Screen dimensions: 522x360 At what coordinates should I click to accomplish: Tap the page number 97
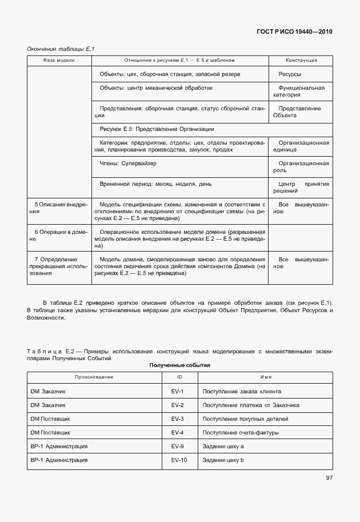click(328, 478)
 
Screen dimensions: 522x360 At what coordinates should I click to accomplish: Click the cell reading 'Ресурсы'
click(290, 74)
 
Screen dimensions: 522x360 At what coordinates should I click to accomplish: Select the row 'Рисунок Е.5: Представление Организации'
click(157, 129)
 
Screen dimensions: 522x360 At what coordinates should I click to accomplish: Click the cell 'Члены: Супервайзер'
click(128, 164)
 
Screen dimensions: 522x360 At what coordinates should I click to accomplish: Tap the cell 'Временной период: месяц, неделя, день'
click(156, 185)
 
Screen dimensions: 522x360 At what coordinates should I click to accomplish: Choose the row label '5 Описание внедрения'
click(59, 208)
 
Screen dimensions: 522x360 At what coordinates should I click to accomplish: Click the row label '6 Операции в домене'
click(59, 236)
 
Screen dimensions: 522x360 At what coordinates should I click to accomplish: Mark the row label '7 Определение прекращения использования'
click(59, 266)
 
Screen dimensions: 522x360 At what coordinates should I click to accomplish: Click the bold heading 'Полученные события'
click(180, 365)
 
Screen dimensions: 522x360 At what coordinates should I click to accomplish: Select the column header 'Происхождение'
click(94, 377)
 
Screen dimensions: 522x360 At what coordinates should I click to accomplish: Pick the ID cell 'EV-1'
click(177, 392)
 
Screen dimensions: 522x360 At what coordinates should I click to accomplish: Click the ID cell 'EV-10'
click(179, 460)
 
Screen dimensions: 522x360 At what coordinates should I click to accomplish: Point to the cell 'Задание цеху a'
click(223, 446)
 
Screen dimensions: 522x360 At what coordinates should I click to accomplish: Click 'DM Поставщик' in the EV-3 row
click(50, 419)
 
